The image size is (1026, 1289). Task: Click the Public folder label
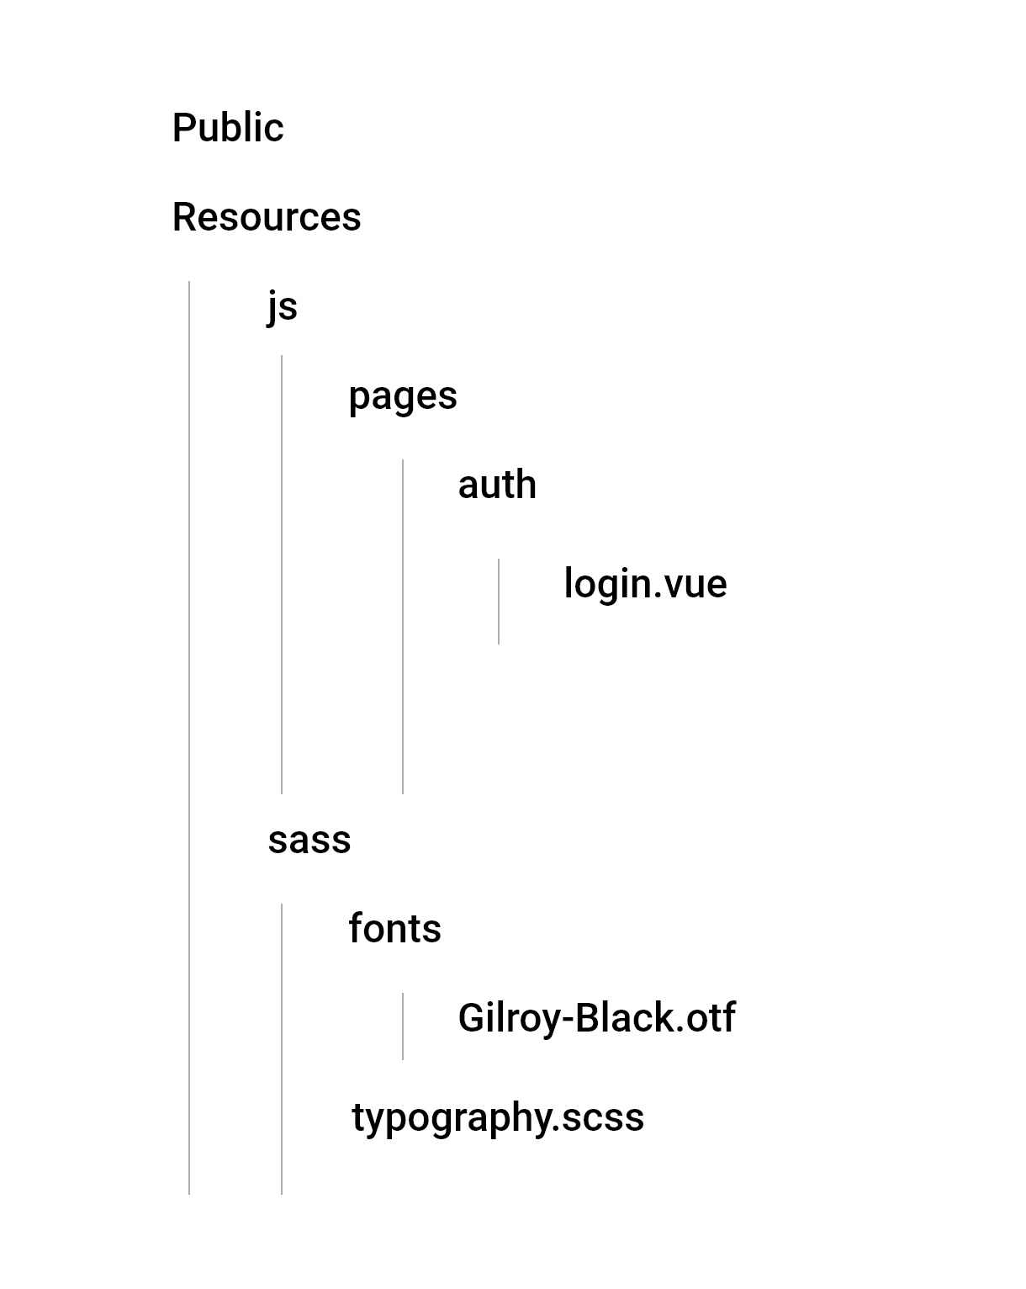pyautogui.click(x=228, y=128)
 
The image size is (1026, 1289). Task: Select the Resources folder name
pyautogui.click(x=267, y=217)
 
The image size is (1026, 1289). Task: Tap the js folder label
pyautogui.click(x=283, y=306)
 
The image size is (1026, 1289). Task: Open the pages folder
pyautogui.click(x=403, y=395)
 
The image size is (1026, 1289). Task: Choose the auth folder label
pyautogui.click(x=497, y=485)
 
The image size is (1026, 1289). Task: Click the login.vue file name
pyautogui.click(x=645, y=584)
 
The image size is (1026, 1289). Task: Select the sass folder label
pyautogui.click(x=309, y=840)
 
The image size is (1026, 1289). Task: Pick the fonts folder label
pyautogui.click(x=394, y=929)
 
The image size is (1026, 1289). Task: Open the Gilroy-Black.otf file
pyautogui.click(x=596, y=1018)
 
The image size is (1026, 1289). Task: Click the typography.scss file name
pyautogui.click(x=498, y=1117)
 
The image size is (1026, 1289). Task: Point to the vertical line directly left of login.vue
pyautogui.click(x=499, y=602)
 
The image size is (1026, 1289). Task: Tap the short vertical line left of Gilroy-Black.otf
pyautogui.click(x=403, y=1026)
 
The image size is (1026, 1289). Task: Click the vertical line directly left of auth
pyautogui.click(x=403, y=626)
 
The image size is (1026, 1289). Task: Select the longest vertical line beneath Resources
pyautogui.click(x=189, y=737)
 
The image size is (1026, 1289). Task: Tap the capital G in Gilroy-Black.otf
pyautogui.click(x=471, y=1018)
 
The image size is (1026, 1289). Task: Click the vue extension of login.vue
pyautogui.click(x=695, y=586)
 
